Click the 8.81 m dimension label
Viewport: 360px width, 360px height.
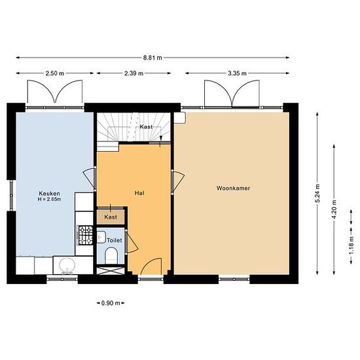pyautogui.click(x=153, y=58)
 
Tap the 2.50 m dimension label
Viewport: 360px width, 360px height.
pyautogui.click(x=54, y=73)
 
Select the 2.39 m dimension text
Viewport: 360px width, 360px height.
pyautogui.click(x=134, y=73)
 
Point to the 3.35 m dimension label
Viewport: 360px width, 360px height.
pyautogui.click(x=237, y=73)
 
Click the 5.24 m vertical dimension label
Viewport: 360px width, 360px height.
pyautogui.click(x=317, y=193)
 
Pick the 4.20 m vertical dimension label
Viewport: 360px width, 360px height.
pyautogui.click(x=334, y=209)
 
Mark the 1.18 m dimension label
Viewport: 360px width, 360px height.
pyautogui.click(x=351, y=245)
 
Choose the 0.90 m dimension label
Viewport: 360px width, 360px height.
pyautogui.click(x=111, y=303)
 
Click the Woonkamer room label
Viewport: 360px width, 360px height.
pyautogui.click(x=233, y=189)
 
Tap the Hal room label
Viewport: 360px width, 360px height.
pyautogui.click(x=139, y=193)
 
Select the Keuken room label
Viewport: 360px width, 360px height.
pyautogui.click(x=49, y=193)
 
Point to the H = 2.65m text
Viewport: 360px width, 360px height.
pyautogui.click(x=49, y=199)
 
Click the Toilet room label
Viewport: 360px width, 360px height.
pyautogui.click(x=115, y=240)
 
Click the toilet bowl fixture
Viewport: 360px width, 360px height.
pyautogui.click(x=111, y=255)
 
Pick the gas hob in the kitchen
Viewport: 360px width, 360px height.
pyautogui.click(x=85, y=235)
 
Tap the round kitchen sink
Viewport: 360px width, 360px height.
pyautogui.click(x=67, y=265)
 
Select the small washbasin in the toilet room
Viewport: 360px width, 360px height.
pyautogui.click(x=101, y=237)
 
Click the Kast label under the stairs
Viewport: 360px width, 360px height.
pyautogui.click(x=146, y=127)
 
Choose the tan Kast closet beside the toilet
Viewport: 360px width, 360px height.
pyautogui.click(x=111, y=217)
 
